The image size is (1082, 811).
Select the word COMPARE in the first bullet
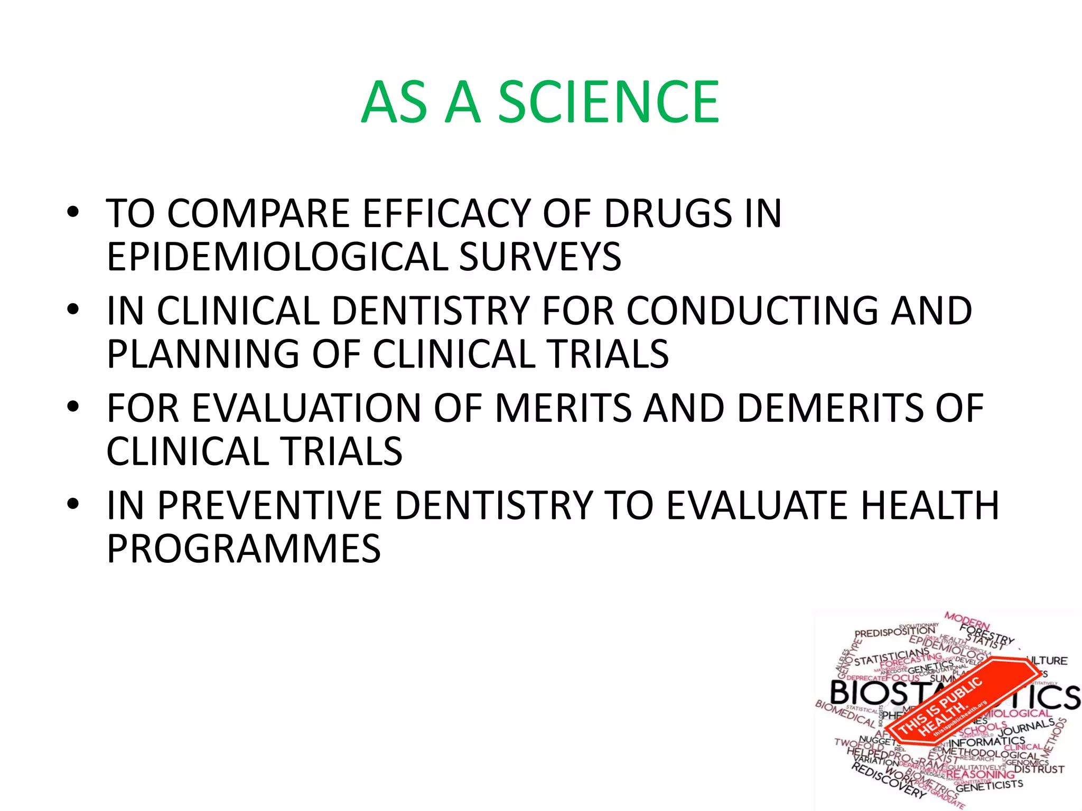tap(259, 213)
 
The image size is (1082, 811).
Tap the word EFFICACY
tap(446, 213)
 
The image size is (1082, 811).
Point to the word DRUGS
tap(668, 213)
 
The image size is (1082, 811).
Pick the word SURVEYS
tap(540, 257)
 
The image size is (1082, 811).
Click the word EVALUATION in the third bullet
tap(306, 408)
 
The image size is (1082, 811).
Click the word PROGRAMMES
tap(244, 549)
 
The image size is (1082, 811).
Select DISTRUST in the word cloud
tap(1039, 769)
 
